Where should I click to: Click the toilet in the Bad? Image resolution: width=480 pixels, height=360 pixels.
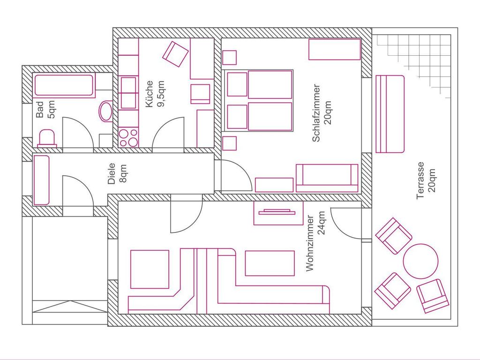[47, 138]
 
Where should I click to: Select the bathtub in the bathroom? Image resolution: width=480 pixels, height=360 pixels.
[64, 85]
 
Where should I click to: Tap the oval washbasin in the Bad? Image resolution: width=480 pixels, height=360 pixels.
[106, 111]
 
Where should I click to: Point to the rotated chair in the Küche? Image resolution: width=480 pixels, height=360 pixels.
[175, 54]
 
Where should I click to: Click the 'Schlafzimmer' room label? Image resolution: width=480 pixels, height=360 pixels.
[316, 113]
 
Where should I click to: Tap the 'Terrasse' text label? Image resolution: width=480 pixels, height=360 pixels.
[420, 180]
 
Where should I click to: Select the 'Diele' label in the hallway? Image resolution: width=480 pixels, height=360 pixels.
[112, 173]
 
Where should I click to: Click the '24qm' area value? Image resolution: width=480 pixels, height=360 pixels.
[322, 223]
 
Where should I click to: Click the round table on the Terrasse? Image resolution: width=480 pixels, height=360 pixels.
[420, 261]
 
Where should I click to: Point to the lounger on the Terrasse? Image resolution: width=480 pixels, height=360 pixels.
[390, 114]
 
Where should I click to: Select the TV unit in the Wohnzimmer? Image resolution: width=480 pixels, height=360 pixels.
[278, 213]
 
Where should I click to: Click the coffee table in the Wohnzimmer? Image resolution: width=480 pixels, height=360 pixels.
[270, 263]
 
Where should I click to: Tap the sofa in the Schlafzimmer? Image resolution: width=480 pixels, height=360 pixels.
[327, 178]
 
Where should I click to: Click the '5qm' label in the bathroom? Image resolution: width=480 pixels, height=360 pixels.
[51, 110]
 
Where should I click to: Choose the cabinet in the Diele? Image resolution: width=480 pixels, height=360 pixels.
[41, 180]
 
